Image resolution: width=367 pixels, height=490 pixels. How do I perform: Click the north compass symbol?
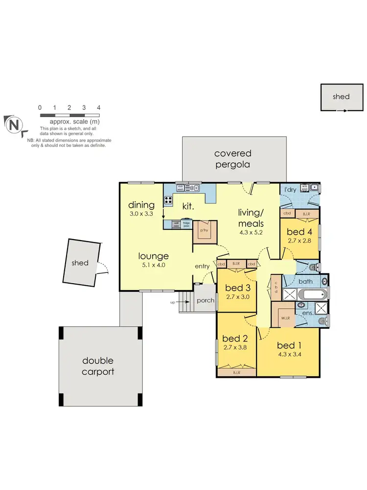pyautogui.click(x=14, y=124)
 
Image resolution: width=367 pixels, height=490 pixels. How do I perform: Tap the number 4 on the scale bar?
pyautogui.click(x=99, y=108)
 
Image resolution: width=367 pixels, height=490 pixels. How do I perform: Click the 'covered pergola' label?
pyautogui.click(x=232, y=159)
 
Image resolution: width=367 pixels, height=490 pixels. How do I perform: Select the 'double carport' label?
pyautogui.click(x=98, y=366)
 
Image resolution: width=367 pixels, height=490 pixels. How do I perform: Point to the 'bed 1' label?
pyautogui.click(x=289, y=344)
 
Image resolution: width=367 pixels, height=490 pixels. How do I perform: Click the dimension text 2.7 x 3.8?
pyautogui.click(x=235, y=347)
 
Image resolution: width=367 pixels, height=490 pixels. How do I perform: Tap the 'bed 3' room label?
pyautogui.click(x=236, y=287)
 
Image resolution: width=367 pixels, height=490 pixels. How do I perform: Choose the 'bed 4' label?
pyautogui.click(x=299, y=231)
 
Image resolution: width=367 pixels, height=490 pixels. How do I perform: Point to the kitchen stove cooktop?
pyautogui.click(x=168, y=199)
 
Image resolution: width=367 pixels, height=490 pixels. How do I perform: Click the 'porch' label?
pyautogui.click(x=206, y=300)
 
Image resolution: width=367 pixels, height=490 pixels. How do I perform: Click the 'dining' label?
pyautogui.click(x=141, y=205)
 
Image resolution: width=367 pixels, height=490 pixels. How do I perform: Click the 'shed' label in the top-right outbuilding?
pyautogui.click(x=341, y=97)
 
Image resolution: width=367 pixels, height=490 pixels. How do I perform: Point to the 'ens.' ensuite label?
pyautogui.click(x=308, y=312)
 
